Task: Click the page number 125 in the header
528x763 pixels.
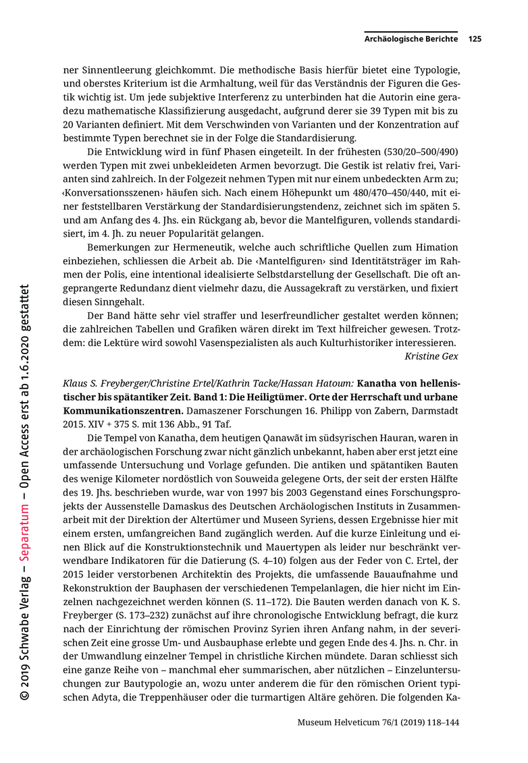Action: pyautogui.click(x=474, y=39)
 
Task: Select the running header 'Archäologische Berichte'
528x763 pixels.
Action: pyautogui.click(x=411, y=39)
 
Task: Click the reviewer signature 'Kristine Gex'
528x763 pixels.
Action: pyautogui.click(x=431, y=356)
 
